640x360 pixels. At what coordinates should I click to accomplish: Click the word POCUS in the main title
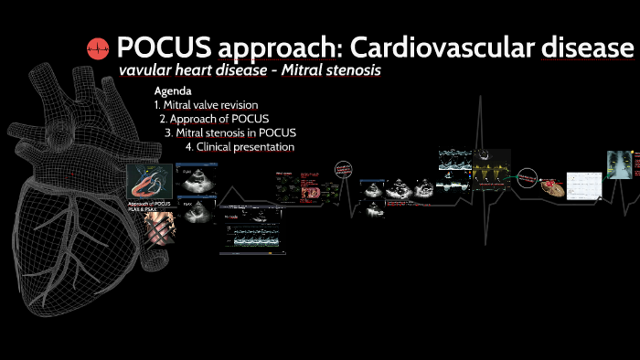[x=159, y=47]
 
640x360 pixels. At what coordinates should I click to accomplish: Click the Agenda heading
[x=173, y=91]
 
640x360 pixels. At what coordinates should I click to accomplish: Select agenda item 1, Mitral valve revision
[x=206, y=105]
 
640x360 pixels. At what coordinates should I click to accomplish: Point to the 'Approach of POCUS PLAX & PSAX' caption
[x=148, y=206]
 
